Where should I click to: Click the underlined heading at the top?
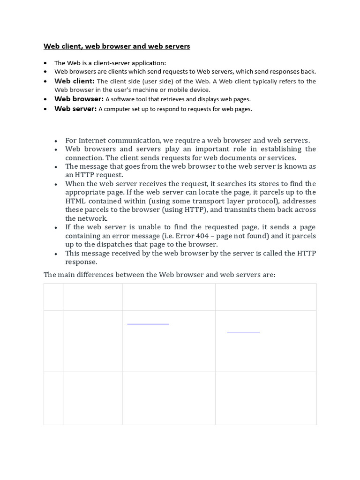[x=117, y=46]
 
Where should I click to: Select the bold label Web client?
[x=75, y=81]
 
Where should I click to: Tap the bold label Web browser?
[x=79, y=99]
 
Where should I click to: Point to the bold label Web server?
[x=75, y=109]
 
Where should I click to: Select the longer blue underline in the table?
[x=148, y=323]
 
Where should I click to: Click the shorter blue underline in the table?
[x=243, y=332]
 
